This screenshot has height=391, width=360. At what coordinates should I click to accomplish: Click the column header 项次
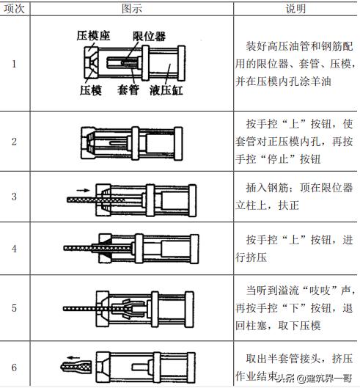(15, 9)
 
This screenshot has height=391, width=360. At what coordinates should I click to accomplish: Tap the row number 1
(14, 63)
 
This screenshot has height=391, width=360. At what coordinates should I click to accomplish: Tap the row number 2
(14, 141)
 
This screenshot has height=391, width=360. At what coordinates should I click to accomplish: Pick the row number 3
(14, 197)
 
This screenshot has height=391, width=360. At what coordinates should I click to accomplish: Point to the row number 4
(14, 248)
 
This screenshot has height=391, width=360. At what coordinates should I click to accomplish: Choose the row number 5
(14, 307)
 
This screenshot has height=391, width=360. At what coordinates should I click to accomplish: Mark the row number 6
(14, 366)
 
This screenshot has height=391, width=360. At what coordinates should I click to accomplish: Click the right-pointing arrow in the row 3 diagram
(82, 189)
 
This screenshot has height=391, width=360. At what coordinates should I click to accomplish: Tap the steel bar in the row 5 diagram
(81, 307)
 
